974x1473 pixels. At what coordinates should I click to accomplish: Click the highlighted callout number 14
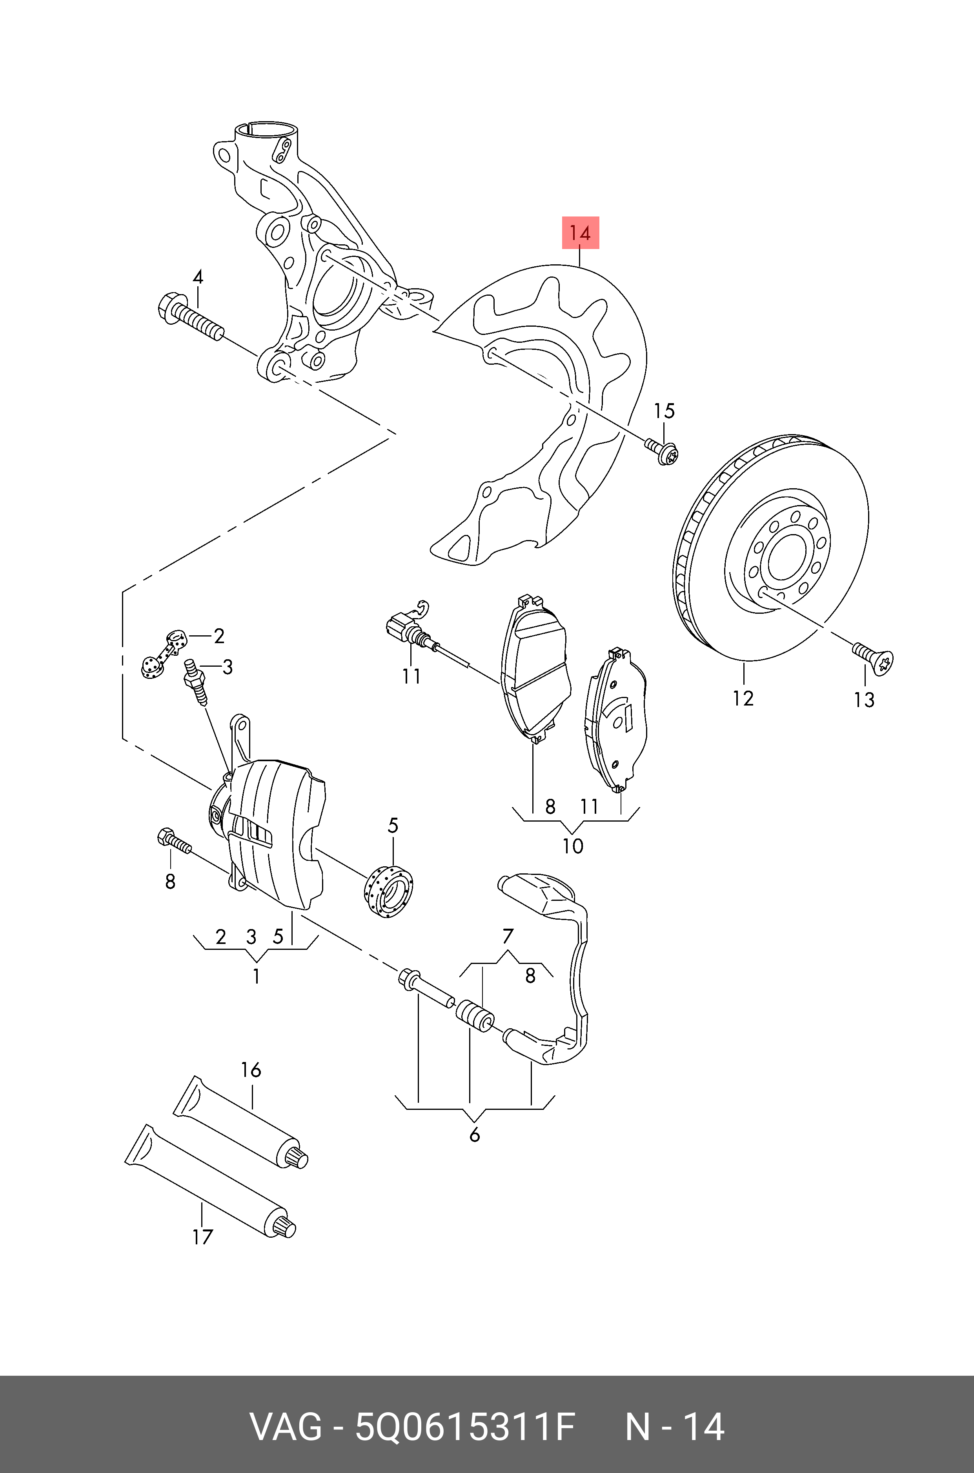[x=580, y=233]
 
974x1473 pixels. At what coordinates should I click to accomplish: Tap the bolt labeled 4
[x=189, y=317]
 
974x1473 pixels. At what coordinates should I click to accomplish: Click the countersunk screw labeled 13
[x=875, y=660]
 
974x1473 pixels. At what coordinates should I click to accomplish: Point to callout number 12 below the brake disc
[x=743, y=698]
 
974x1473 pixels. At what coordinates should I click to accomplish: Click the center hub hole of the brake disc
[x=786, y=556]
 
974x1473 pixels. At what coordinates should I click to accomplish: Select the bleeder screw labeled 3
[x=195, y=681]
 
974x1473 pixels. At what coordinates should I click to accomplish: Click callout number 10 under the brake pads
[x=573, y=846]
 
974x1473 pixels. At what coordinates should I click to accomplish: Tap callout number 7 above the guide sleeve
[x=508, y=936]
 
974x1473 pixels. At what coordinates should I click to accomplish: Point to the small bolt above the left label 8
[x=175, y=842]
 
